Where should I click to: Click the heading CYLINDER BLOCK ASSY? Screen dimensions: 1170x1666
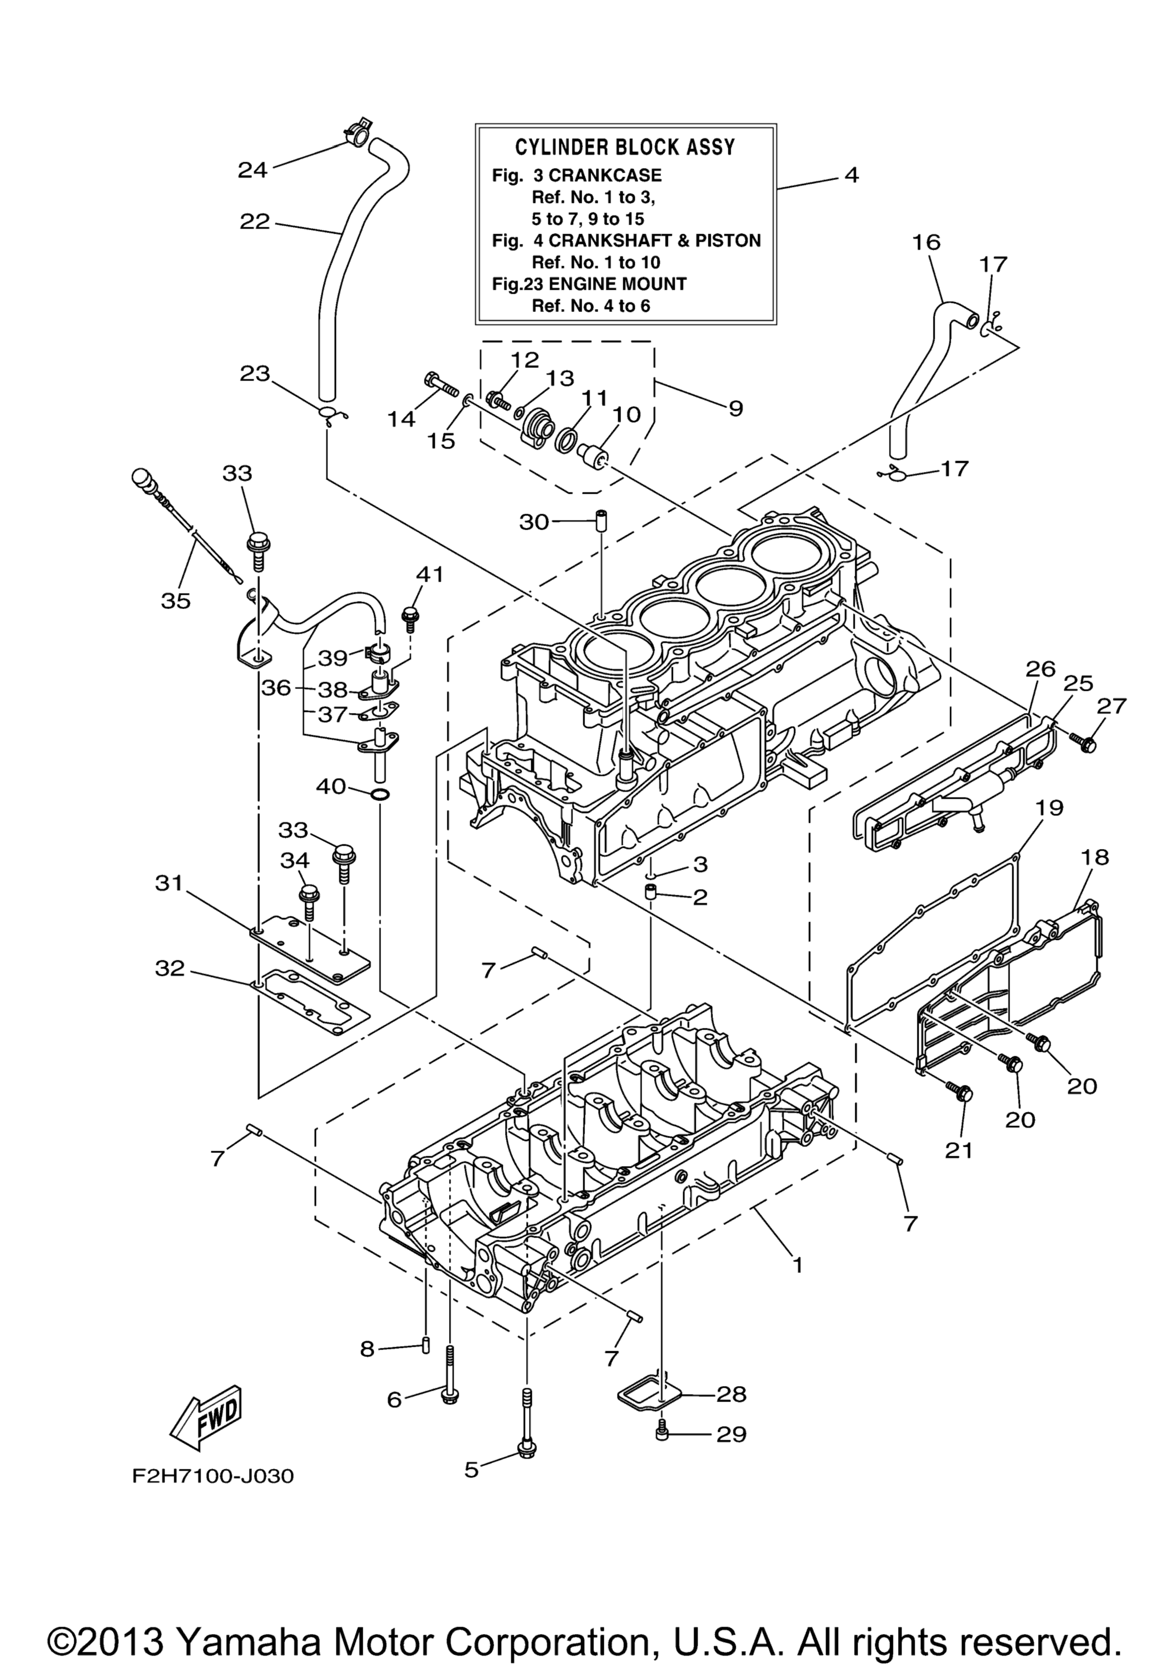point(624,147)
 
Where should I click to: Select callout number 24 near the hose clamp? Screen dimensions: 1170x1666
point(253,170)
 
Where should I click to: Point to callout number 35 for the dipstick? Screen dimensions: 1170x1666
point(175,601)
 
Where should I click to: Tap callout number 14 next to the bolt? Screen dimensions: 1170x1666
point(401,419)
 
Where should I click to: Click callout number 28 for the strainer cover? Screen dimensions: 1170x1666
point(731,1394)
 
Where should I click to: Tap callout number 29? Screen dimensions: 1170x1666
point(731,1435)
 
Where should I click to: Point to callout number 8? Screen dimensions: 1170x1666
point(368,1349)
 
